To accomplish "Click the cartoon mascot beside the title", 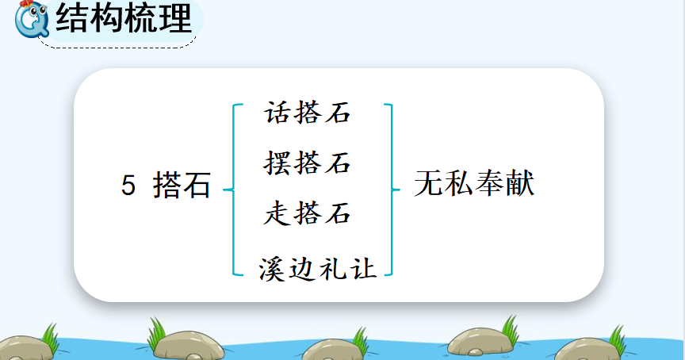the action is (32, 19).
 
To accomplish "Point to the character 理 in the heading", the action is (176, 18).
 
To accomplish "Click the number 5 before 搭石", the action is (128, 186).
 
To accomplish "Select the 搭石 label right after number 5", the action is (182, 185).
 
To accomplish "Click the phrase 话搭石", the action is (307, 113).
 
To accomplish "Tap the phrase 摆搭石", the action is (307, 163).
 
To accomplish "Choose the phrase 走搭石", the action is (307, 213).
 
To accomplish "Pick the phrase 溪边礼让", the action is (318, 268).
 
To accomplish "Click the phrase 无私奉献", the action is (474, 183).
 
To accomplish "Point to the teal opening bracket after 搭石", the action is (234, 190).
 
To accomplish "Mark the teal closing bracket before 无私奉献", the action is (391, 190).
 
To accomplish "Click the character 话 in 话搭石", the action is (277, 113).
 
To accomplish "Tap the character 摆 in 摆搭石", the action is (277, 163).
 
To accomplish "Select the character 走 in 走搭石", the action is (277, 213).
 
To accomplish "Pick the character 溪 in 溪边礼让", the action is (272, 268).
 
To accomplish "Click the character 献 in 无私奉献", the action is (520, 183).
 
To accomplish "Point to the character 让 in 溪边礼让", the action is (363, 268).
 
